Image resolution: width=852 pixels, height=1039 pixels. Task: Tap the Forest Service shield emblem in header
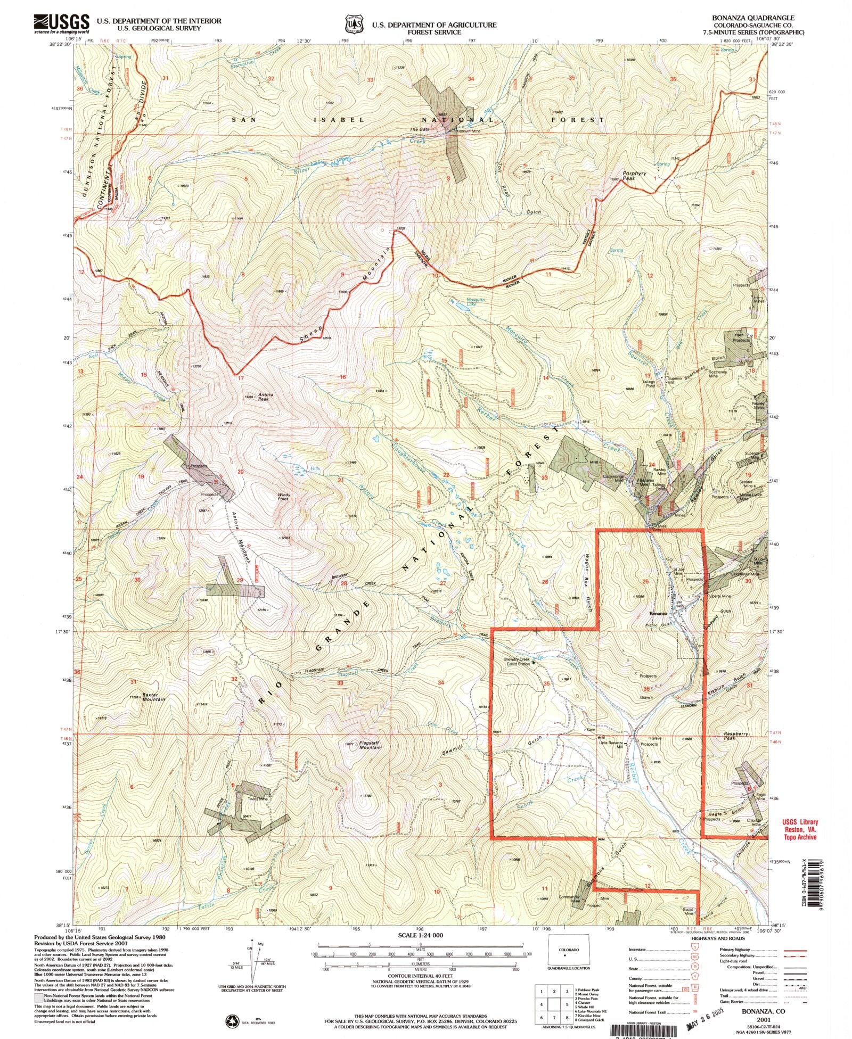(353, 24)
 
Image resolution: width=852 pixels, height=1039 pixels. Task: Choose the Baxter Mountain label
(154, 697)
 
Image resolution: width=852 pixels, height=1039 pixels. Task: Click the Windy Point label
(283, 497)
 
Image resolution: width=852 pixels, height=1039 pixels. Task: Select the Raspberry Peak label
(736, 736)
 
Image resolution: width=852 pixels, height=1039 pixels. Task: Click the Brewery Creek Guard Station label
(517, 662)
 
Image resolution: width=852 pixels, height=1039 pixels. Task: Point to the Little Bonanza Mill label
(611, 745)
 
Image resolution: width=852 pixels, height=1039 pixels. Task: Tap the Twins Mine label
(257, 799)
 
